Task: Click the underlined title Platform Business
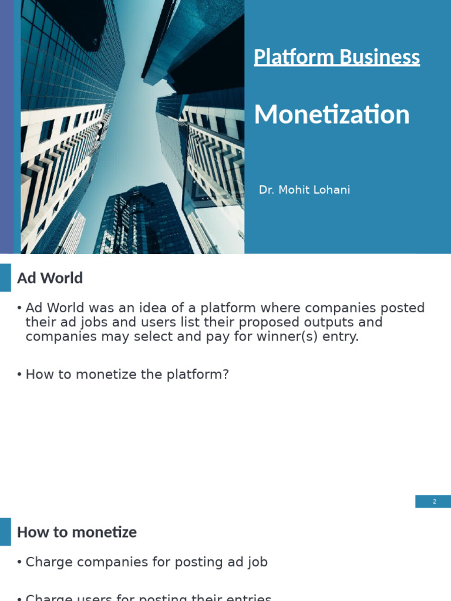click(336, 57)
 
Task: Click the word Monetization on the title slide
click(332, 114)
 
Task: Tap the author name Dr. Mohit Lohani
click(304, 190)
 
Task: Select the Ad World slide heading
click(50, 278)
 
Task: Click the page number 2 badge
click(434, 501)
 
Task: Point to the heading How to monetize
click(76, 532)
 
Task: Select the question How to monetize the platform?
click(127, 374)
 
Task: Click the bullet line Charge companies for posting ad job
click(146, 562)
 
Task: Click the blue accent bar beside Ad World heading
click(5, 278)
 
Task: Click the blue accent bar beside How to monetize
click(5, 532)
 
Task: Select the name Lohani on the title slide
click(332, 190)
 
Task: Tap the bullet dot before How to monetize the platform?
click(19, 375)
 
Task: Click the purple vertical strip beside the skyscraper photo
click(6, 127)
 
